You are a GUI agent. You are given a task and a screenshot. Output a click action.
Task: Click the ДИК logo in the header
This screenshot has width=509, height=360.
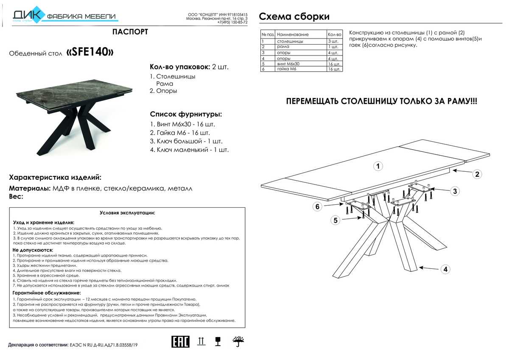tap(26, 15)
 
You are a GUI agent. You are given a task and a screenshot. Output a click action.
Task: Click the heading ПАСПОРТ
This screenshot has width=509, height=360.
tap(130, 32)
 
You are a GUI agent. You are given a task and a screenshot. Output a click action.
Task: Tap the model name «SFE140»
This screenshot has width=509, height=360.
tap(90, 52)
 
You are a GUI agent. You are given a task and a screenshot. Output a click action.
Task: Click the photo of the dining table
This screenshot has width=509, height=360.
tap(74, 114)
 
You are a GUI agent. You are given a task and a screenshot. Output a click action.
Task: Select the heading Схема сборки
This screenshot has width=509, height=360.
tap(294, 17)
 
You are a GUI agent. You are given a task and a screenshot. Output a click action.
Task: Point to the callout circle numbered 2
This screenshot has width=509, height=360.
tap(477, 174)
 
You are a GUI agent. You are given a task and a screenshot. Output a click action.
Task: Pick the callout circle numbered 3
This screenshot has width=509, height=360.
tap(454, 191)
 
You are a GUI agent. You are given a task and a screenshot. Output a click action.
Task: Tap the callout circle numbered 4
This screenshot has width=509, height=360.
tap(445, 269)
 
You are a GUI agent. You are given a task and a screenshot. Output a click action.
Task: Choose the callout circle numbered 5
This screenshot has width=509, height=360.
tap(336, 220)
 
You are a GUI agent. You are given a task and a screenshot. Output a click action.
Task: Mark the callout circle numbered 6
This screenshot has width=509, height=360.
tap(318, 207)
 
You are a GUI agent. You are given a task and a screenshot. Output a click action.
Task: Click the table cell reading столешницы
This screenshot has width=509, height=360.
tap(290, 42)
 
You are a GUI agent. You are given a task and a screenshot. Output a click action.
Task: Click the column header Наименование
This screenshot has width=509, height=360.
tap(293, 34)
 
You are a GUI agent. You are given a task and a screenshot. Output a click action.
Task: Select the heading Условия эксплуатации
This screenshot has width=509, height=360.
tap(127, 212)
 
